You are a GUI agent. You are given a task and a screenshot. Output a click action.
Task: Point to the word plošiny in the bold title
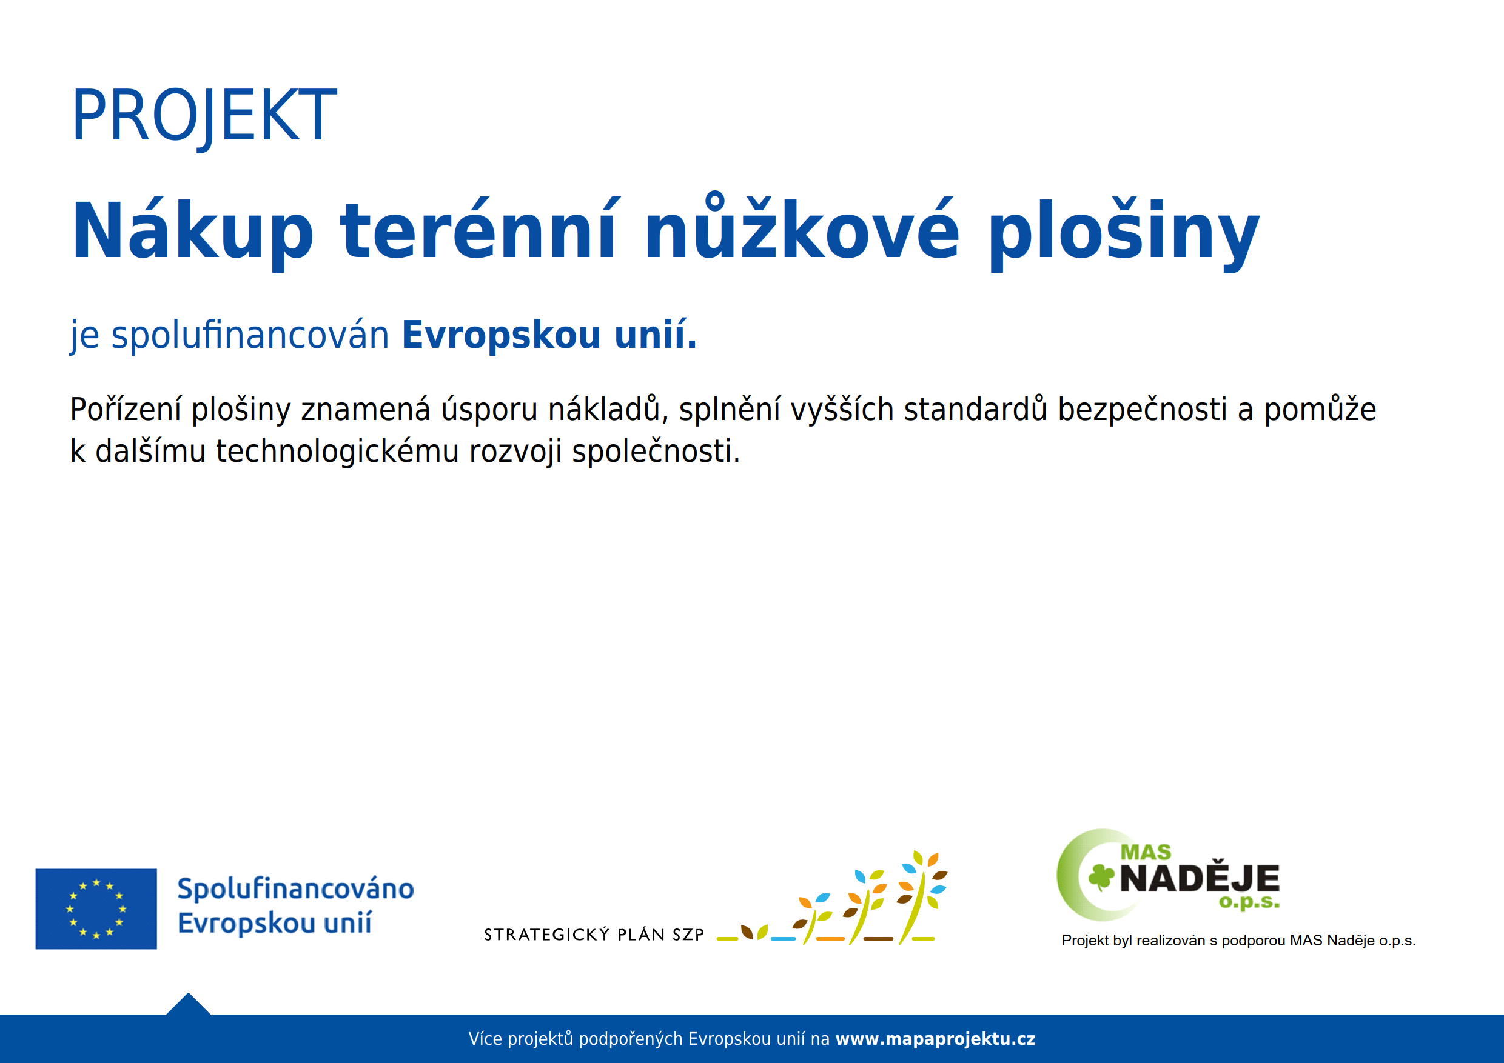pyautogui.click(x=1123, y=235)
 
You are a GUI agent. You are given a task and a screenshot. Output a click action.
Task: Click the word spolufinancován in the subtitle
pyautogui.click(x=250, y=336)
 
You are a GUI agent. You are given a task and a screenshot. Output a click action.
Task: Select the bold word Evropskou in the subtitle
pyautogui.click(x=501, y=336)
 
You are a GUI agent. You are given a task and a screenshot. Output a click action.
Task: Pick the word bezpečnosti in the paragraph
pyautogui.click(x=1142, y=410)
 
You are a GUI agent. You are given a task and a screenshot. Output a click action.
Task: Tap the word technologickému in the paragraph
pyautogui.click(x=337, y=452)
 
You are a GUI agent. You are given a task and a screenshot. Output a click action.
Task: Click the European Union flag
pyautogui.click(x=96, y=908)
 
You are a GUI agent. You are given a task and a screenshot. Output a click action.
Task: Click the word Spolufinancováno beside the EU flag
pyautogui.click(x=295, y=889)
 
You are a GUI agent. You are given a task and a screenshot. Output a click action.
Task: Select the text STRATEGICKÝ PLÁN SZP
pyautogui.click(x=594, y=935)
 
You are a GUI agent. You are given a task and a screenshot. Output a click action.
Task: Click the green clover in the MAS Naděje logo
pyautogui.click(x=1101, y=877)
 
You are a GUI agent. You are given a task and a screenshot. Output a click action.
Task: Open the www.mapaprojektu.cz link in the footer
pyautogui.click(x=935, y=1039)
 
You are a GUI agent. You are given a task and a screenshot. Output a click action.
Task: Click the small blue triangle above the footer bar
pyautogui.click(x=189, y=1005)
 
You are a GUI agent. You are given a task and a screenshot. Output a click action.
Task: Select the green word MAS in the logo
pyautogui.click(x=1146, y=852)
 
